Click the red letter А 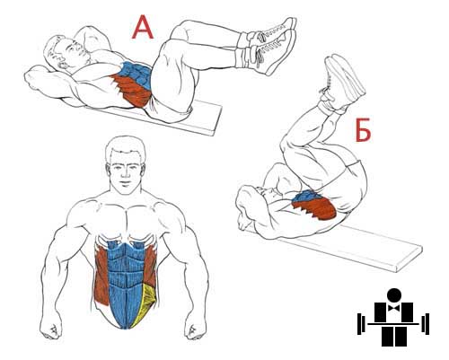coord(143,27)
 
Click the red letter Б coord(363,130)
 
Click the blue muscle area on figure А coord(136,75)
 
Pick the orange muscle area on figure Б coord(314,209)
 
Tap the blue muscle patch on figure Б coord(306,196)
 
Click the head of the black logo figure coord(393,295)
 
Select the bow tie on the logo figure coord(393,308)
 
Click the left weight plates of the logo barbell coord(361,324)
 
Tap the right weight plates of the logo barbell coord(426,324)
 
